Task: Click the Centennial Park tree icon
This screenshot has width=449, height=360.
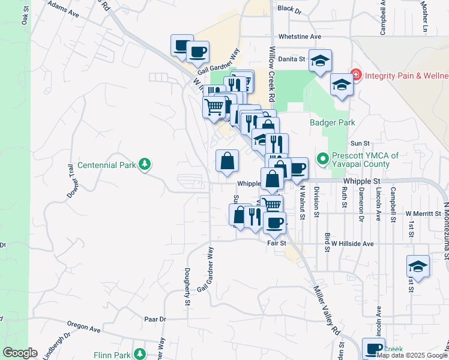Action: pyautogui.click(x=144, y=164)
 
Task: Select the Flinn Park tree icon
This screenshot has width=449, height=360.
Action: pyautogui.click(x=140, y=355)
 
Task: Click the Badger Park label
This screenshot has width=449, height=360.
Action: pyautogui.click(x=333, y=122)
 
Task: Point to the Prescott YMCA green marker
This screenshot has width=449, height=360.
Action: pyautogui.click(x=322, y=160)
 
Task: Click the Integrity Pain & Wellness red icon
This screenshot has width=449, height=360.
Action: pyautogui.click(x=355, y=75)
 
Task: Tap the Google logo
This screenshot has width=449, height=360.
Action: pyautogui.click(x=20, y=353)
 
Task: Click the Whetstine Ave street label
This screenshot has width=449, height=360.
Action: pyautogui.click(x=300, y=37)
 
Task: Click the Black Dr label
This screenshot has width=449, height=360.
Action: pyautogui.click(x=289, y=10)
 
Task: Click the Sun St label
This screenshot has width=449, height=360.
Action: pyautogui.click(x=359, y=143)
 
